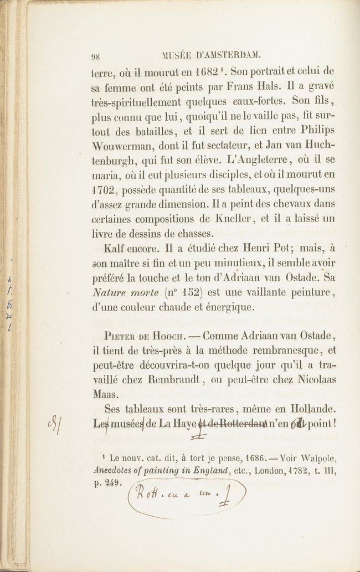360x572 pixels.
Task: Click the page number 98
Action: (95, 55)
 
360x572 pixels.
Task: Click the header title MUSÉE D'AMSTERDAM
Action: (210, 55)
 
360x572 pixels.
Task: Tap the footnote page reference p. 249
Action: (107, 482)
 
